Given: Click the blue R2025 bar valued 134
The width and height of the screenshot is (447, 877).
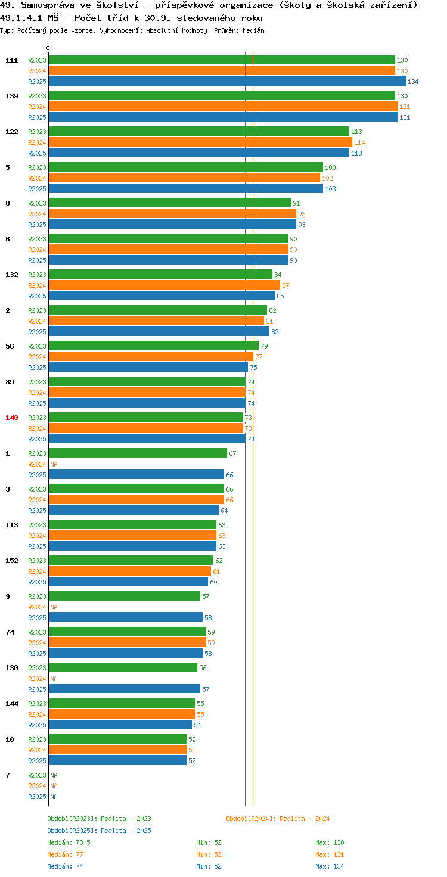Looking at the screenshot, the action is click(227, 82).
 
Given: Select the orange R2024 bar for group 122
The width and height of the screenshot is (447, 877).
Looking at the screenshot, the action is click(200, 142).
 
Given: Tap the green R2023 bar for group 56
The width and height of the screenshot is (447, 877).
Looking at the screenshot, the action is click(154, 346).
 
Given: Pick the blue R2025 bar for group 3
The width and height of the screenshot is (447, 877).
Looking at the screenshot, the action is click(134, 510).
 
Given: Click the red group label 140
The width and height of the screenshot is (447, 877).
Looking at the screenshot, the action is click(12, 418).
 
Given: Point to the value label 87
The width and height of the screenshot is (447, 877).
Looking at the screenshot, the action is click(285, 285).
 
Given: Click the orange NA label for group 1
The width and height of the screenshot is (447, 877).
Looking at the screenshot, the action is click(54, 464).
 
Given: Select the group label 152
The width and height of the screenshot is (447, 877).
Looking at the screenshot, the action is click(12, 561).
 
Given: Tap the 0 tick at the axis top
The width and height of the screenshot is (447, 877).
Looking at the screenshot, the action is click(48, 48).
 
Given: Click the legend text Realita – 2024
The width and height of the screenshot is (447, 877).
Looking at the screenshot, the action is click(304, 819).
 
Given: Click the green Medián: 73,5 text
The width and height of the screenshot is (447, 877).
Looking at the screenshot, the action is click(69, 842).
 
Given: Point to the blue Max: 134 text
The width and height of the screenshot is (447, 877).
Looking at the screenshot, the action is click(330, 866).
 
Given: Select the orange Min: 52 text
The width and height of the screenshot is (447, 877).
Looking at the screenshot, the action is click(209, 854).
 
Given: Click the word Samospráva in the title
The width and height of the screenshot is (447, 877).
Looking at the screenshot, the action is click(48, 5).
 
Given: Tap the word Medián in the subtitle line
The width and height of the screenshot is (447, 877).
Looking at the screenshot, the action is click(253, 30).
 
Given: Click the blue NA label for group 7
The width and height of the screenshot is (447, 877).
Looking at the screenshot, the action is click(54, 797).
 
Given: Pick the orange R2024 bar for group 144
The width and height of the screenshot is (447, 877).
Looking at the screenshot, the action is click(122, 714).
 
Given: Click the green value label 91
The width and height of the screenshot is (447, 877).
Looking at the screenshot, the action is click(296, 203).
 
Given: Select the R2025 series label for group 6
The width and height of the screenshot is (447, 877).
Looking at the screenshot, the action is click(37, 260).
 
